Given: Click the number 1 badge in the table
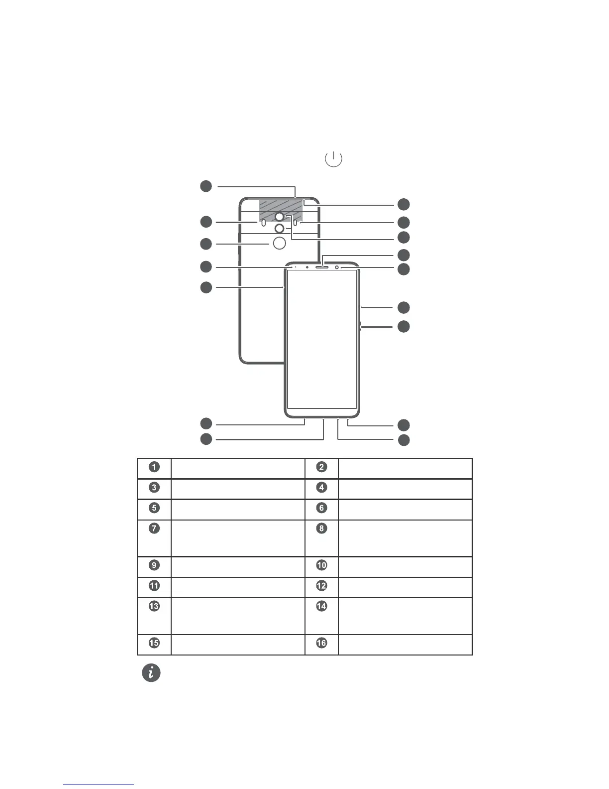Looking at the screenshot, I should [x=154, y=467].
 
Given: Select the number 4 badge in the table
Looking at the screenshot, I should [x=322, y=488].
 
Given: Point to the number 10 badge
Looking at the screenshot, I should [x=322, y=565].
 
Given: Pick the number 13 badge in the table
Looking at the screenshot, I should [x=154, y=606].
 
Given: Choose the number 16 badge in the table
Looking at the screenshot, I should [x=322, y=643].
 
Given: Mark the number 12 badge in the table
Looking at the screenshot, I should [x=322, y=586].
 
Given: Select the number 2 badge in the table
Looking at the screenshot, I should [x=322, y=467].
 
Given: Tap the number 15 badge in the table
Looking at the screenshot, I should [x=154, y=643].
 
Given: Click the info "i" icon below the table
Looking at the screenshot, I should [x=151, y=673].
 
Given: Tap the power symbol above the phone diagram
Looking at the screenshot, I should [x=333, y=159].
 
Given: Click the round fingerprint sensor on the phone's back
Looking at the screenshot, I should [x=280, y=243].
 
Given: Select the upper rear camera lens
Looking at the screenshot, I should [x=280, y=217].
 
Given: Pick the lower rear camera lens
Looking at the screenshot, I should [x=280, y=228].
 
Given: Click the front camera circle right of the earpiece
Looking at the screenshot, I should [x=337, y=267].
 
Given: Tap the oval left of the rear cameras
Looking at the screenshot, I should [x=263, y=223].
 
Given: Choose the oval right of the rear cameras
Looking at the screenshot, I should [x=296, y=223].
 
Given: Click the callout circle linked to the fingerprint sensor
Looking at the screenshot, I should [x=206, y=244].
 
